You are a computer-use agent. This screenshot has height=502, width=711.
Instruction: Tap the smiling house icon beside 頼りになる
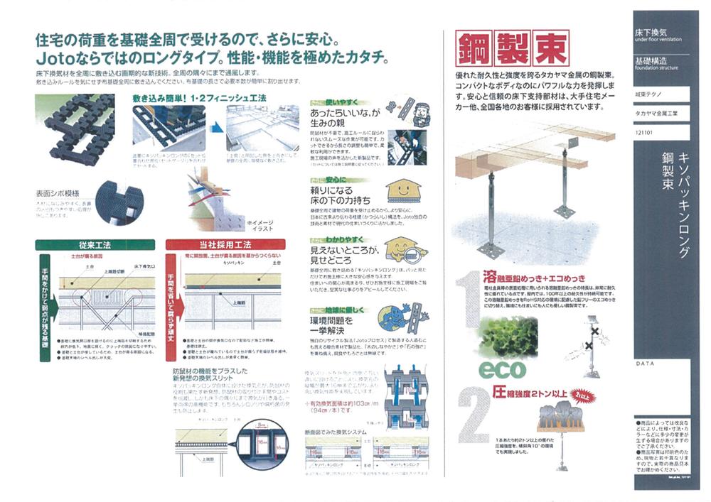(404, 191)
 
